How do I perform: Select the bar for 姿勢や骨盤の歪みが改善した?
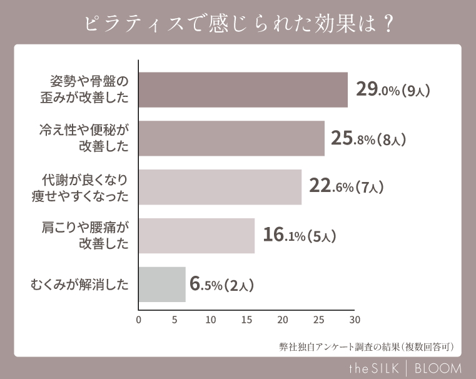[x=243, y=90]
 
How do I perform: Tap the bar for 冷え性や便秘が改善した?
[x=231, y=138]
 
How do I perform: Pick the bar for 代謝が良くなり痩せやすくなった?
[x=220, y=187]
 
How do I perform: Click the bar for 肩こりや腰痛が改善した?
[x=196, y=236]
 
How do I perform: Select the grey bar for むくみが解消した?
[x=162, y=285]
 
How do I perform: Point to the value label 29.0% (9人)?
[x=393, y=90]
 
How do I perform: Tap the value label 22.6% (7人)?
[x=346, y=187]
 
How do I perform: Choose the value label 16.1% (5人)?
[x=300, y=236]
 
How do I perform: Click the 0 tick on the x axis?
[x=138, y=320]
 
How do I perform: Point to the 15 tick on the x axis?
[x=246, y=320]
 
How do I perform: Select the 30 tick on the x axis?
[x=355, y=320]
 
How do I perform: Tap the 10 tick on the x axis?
[x=210, y=320]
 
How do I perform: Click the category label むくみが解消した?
[x=80, y=285]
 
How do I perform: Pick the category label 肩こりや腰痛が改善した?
[x=84, y=236]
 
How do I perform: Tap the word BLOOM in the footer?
[x=438, y=368]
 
